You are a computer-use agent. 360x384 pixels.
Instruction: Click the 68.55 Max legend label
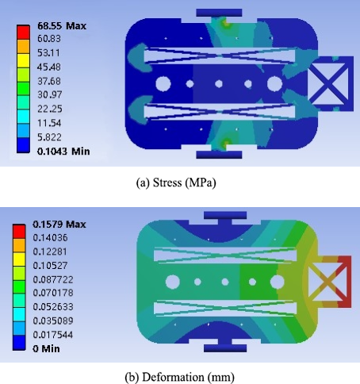pos(62,26)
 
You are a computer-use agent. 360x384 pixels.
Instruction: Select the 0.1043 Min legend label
pos(63,152)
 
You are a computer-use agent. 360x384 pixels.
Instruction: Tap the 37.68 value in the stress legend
pos(49,81)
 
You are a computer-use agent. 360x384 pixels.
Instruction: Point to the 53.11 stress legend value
pos(48,53)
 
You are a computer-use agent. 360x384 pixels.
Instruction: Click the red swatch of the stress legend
pos(23,33)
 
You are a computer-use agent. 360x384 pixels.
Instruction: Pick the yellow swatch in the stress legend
pos(23,61)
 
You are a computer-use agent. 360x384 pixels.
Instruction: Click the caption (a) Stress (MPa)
pos(176,182)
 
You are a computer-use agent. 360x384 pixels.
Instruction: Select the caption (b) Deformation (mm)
pos(179,377)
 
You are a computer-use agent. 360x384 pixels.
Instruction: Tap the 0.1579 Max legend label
pos(59,225)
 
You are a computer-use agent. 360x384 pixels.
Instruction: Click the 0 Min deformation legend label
pos(46,348)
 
